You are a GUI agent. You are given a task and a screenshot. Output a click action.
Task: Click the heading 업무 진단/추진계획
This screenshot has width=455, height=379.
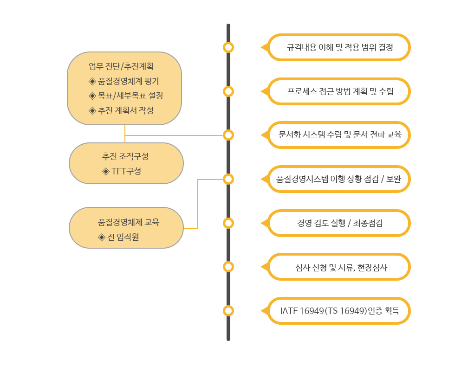121,66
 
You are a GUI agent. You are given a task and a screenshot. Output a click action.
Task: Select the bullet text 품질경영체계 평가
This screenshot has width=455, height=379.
129,81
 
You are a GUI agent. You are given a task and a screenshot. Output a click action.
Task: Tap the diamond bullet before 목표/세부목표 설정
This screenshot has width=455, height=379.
92,96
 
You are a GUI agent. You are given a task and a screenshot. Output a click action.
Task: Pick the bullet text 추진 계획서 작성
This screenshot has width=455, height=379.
126,110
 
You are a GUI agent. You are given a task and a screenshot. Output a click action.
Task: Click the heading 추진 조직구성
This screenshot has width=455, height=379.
125,156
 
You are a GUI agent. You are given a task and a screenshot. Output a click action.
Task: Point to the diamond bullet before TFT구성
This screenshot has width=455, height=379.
106,171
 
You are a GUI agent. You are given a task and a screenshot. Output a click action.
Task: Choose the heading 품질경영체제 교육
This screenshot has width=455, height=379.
129,222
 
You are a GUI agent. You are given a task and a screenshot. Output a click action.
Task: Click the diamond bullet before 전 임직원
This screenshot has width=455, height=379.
102,237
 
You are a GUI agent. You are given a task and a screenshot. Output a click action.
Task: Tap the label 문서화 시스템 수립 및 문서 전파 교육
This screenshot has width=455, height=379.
340,135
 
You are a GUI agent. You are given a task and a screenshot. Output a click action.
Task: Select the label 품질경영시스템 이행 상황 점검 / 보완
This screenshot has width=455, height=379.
338,179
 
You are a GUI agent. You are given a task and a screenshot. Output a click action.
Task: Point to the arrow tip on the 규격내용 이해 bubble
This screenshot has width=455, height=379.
261,47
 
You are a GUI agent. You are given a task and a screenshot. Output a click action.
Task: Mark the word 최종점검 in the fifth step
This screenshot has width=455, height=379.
368,223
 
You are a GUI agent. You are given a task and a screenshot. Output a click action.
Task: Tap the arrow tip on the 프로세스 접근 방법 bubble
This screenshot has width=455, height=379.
261,91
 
